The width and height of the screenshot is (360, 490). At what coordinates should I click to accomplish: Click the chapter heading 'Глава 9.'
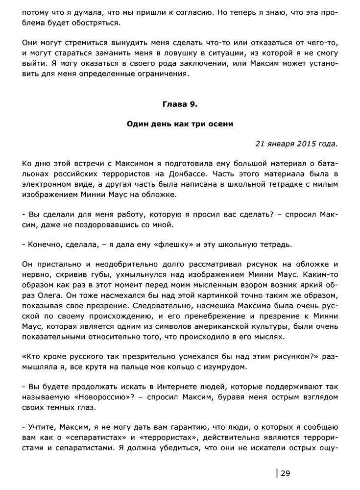pos(180,104)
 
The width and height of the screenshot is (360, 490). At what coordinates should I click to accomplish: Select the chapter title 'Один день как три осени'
pos(180,124)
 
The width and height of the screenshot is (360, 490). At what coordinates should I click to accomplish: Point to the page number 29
pos(286,473)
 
